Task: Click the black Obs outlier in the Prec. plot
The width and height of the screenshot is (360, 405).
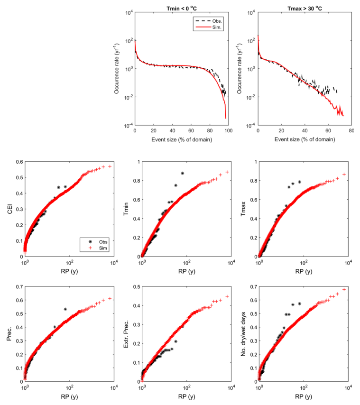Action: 65,309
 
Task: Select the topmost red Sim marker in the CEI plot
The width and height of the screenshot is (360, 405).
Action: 110,166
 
